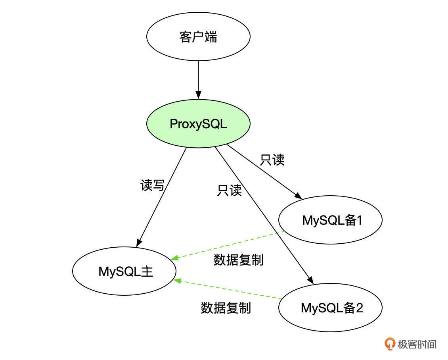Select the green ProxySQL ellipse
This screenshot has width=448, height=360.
coord(198,124)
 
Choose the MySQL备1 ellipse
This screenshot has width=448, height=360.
coord(330,220)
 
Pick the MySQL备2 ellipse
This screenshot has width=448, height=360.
coord(330,308)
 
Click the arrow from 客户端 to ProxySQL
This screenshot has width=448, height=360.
coord(198,79)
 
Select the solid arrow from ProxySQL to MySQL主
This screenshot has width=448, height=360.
coord(163,194)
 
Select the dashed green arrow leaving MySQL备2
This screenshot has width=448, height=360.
coord(228,289)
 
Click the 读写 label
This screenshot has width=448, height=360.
coord(152,185)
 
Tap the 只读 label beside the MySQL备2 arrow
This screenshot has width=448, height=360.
coord(229,190)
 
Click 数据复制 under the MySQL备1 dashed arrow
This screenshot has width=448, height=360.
coord(238,260)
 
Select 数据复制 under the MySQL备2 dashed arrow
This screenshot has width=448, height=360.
coord(226,308)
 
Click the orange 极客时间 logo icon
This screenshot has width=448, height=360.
coord(390,344)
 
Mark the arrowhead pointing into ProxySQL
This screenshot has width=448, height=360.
coord(198,96)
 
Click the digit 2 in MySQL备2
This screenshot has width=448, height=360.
coord(359,308)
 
